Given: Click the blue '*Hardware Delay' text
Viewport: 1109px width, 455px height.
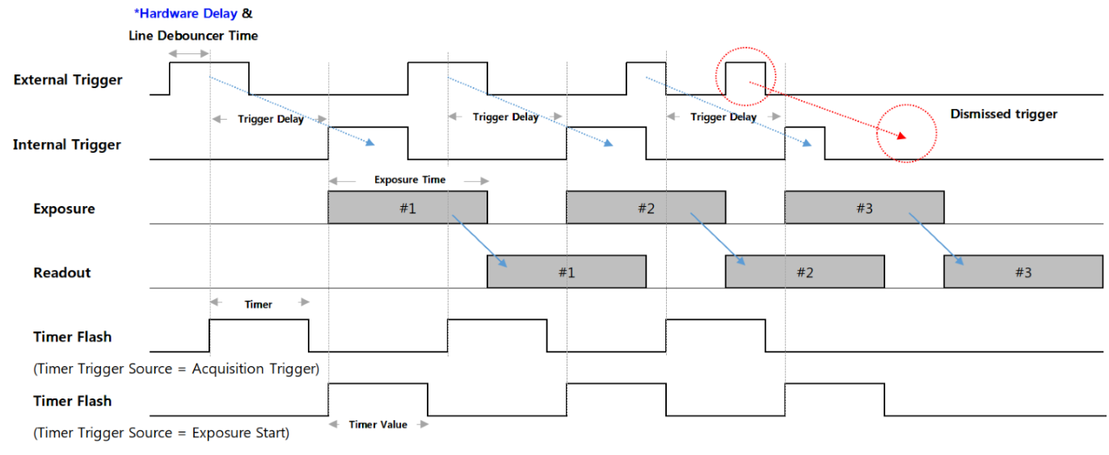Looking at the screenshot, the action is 186,14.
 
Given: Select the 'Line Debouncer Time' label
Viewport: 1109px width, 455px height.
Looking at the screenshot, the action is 193,36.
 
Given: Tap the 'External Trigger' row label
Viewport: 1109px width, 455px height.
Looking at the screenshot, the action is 68,80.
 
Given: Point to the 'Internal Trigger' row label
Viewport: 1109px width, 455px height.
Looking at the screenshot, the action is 67,145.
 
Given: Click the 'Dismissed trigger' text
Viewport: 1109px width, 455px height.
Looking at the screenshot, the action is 1004,114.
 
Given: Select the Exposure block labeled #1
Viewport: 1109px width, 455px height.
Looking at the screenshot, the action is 407,208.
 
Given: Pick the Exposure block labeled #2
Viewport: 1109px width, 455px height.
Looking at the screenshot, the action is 646,208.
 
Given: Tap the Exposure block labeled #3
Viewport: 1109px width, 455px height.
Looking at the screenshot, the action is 864,208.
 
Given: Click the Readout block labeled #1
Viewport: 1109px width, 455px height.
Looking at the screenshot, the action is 567,272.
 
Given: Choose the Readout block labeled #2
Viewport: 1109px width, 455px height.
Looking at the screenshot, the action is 805,272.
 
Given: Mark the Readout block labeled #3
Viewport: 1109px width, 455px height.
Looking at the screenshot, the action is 1023,272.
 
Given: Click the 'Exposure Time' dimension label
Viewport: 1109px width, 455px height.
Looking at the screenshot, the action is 410,179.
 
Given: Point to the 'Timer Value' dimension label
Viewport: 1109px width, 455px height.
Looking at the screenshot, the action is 377,424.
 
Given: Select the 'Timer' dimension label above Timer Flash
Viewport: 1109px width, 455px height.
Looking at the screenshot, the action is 259,305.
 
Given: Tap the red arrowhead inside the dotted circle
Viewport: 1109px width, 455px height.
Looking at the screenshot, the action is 901,136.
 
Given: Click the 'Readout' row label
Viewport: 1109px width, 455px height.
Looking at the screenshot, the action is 62,273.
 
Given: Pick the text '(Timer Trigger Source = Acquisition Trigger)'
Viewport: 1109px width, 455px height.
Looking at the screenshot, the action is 176,369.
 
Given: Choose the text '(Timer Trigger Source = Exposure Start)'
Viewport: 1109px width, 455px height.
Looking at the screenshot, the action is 162,432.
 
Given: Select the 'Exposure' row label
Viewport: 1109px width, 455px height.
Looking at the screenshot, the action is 64,209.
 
